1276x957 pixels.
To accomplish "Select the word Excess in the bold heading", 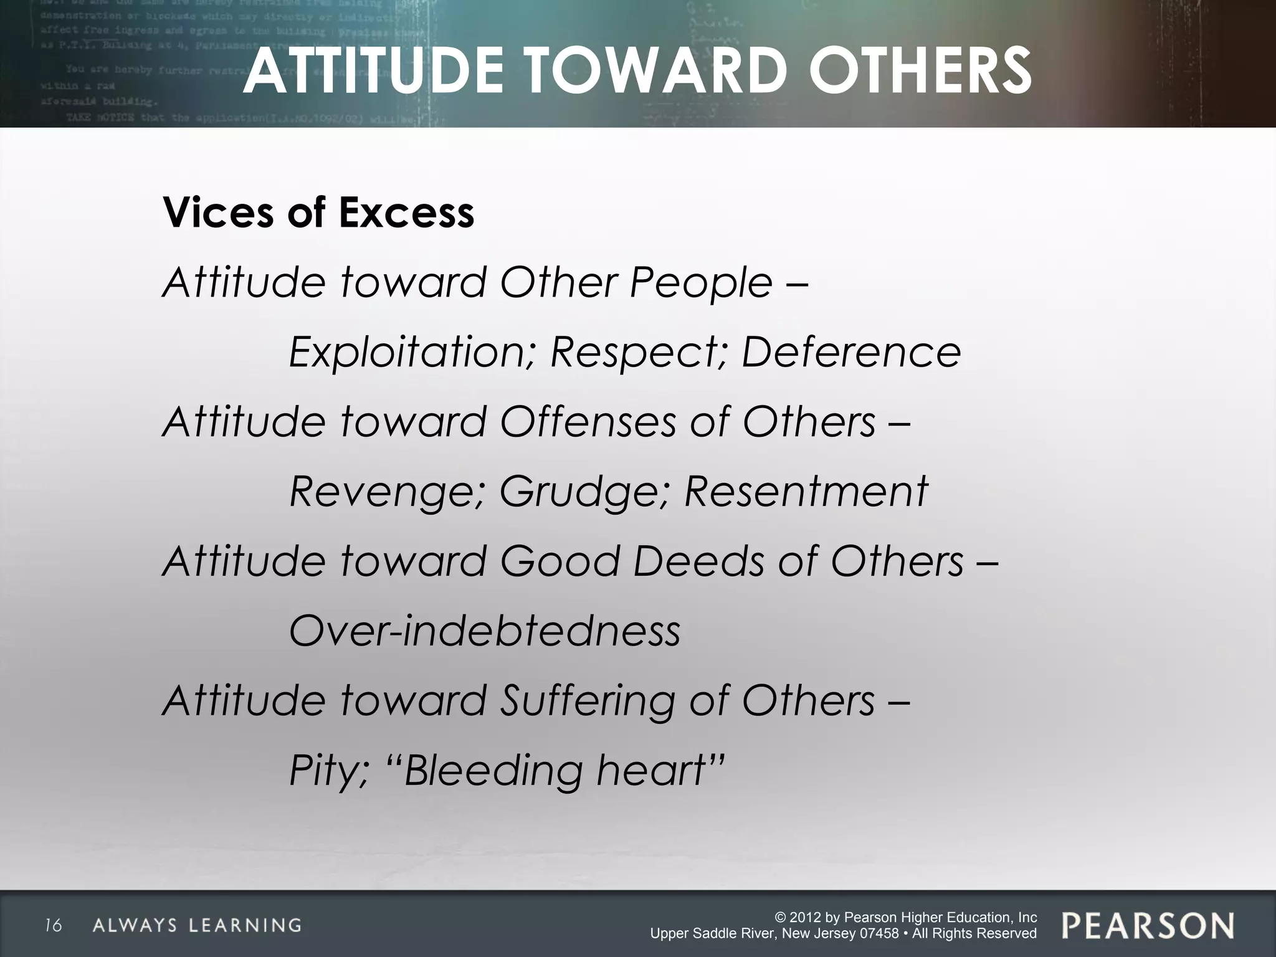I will (406, 213).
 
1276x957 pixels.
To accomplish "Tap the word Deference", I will (851, 352).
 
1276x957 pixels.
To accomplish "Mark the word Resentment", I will (806, 492).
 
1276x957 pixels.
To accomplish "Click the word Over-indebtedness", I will (485, 631).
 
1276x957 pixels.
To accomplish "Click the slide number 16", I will (54, 926).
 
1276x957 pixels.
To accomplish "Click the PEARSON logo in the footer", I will (1148, 925).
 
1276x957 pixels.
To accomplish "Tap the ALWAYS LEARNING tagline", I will (197, 925).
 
